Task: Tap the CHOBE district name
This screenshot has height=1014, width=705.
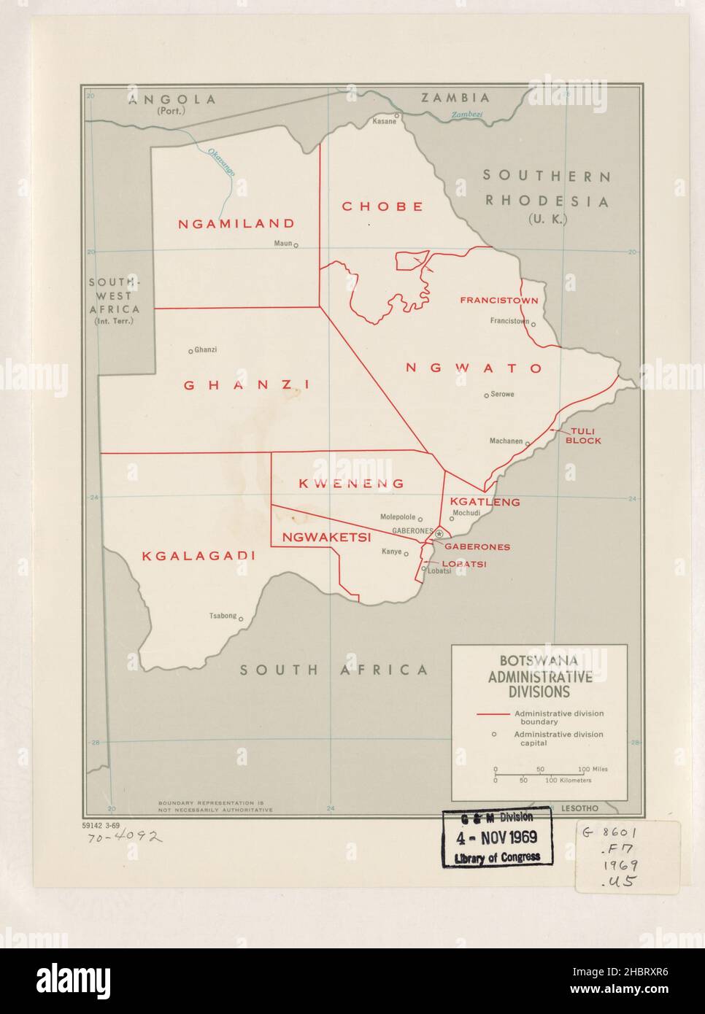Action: [x=382, y=206]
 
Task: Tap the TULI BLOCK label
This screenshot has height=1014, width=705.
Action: [x=585, y=436]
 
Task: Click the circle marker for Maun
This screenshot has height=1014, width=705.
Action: [x=296, y=246]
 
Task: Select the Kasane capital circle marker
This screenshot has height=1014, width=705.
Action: [x=397, y=115]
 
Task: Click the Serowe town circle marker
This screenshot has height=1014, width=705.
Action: [x=486, y=395]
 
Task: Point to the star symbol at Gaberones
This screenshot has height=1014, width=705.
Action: [x=439, y=535]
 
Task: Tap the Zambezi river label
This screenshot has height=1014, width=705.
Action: [x=467, y=115]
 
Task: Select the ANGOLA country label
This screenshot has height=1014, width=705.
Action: [x=172, y=100]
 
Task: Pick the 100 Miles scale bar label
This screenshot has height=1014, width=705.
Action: [x=593, y=769]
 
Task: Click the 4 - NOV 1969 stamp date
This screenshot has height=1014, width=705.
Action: [x=496, y=837]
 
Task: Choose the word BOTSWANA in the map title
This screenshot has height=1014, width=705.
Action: [x=539, y=661]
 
